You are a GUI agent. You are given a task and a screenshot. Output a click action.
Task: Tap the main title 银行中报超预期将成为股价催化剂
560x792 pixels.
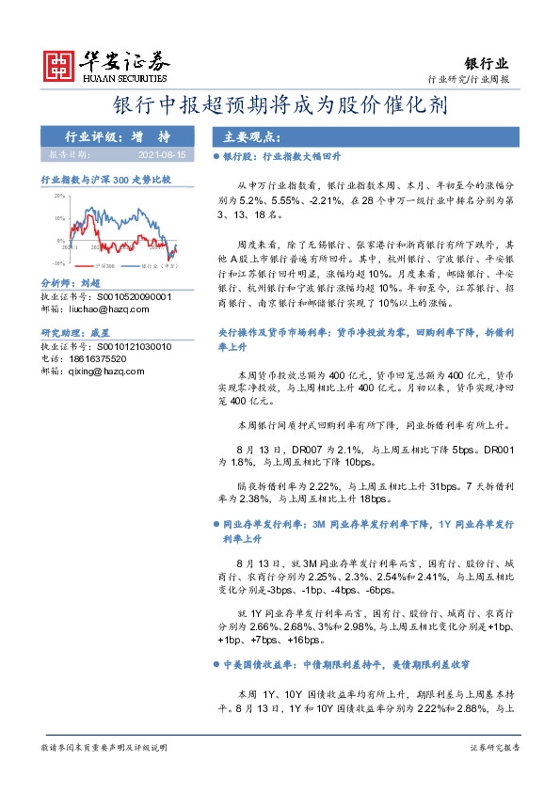(x=280, y=105)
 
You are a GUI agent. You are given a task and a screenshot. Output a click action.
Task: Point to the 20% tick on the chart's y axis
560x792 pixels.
(x=58, y=196)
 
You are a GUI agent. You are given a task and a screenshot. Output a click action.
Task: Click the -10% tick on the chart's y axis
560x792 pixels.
(x=57, y=264)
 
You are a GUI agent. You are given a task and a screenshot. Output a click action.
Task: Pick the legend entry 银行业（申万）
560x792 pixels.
(x=159, y=266)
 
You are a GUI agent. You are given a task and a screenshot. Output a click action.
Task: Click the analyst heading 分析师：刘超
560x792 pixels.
(x=71, y=283)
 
